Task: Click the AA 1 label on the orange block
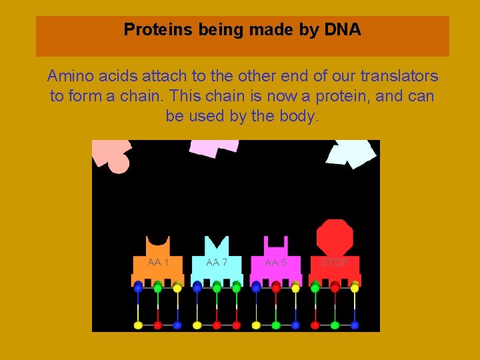coord(158,263)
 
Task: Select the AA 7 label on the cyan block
coord(217,263)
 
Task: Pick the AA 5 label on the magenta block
coord(276,263)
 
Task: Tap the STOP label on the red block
coord(335,263)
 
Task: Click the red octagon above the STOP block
coord(335,237)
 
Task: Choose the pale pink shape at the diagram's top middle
coord(214,147)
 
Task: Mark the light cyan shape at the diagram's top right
coord(351,153)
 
